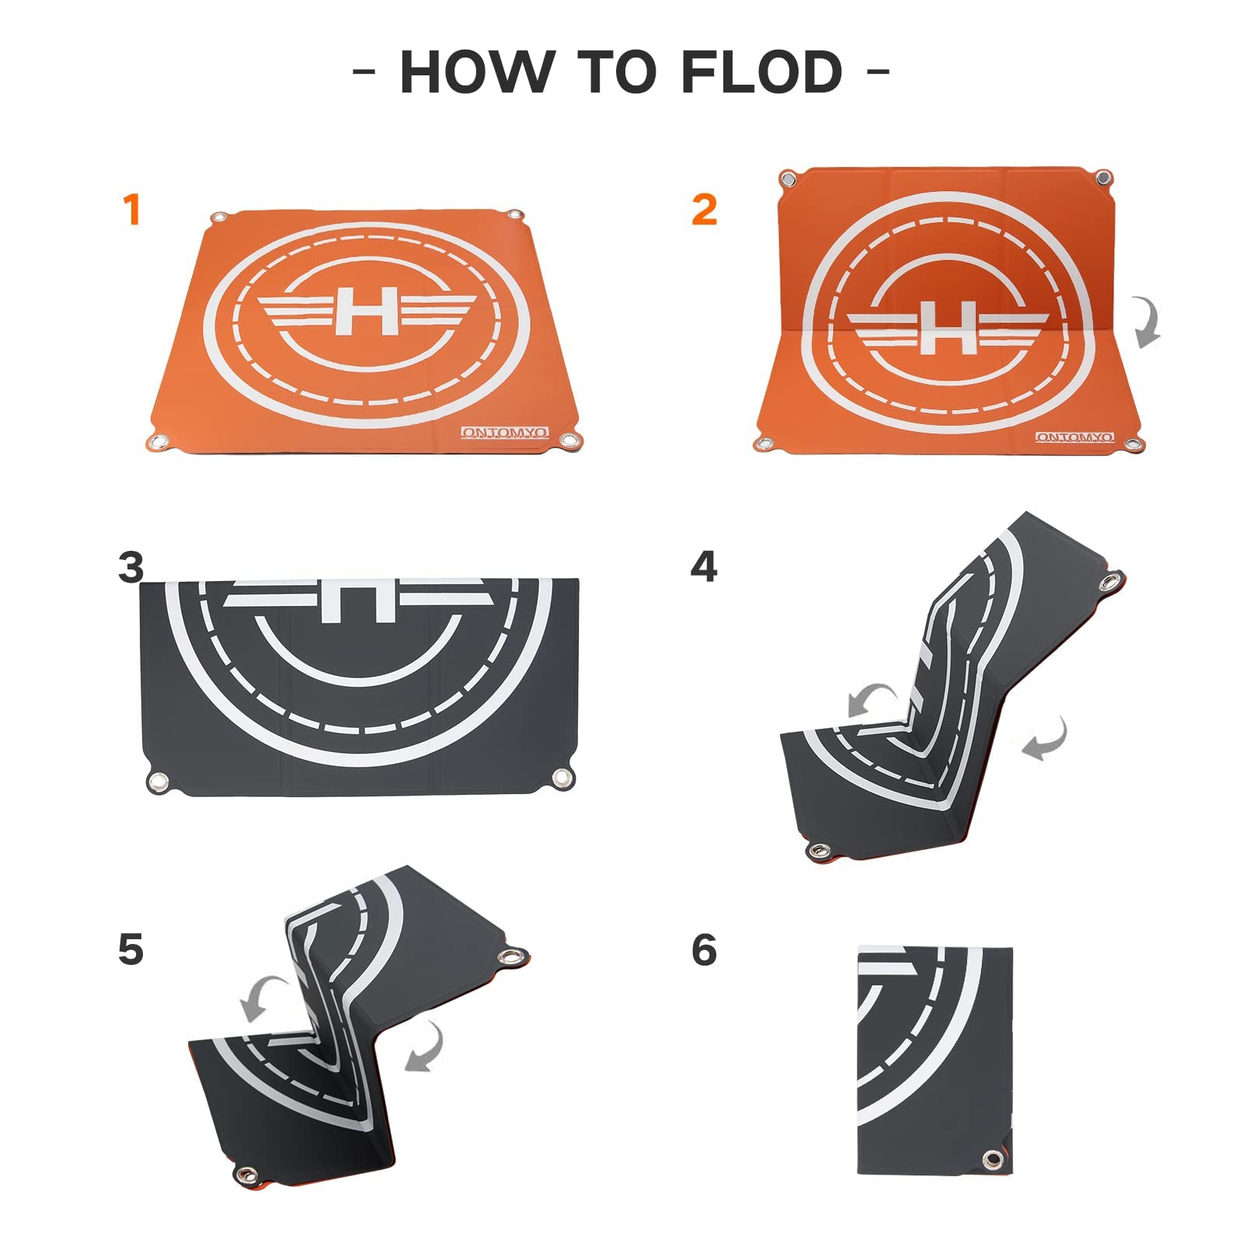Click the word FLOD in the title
click(761, 72)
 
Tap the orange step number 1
click(132, 210)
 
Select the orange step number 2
click(704, 210)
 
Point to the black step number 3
click(131, 567)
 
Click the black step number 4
click(704, 567)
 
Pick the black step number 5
click(131, 949)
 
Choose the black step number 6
click(704, 949)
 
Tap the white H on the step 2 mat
click(948, 327)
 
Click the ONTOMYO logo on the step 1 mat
click(505, 432)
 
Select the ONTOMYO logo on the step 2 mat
click(1075, 437)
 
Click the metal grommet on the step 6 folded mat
click(992, 1160)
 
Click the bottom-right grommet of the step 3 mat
click(562, 778)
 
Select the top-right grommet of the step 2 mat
click(1102, 179)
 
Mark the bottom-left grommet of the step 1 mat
click(158, 442)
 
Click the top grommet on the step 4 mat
click(1111, 582)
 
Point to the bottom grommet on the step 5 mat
click(247, 1174)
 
